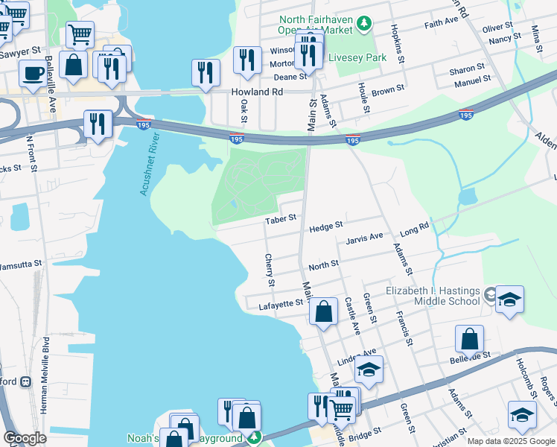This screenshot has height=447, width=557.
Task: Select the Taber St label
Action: click(x=281, y=218)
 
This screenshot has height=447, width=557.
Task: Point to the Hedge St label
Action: click(x=326, y=225)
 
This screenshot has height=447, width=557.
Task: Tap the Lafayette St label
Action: click(x=280, y=303)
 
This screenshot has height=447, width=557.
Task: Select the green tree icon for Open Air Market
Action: click(x=363, y=25)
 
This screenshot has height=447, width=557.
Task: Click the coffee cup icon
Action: click(x=31, y=74)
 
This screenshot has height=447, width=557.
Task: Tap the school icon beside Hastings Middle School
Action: click(x=510, y=299)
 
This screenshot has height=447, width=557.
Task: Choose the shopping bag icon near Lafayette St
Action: click(x=323, y=311)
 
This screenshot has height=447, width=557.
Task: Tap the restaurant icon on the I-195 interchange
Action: click(x=98, y=124)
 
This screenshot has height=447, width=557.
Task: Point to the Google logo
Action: click(x=25, y=438)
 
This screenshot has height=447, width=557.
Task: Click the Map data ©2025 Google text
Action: click(x=510, y=441)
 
